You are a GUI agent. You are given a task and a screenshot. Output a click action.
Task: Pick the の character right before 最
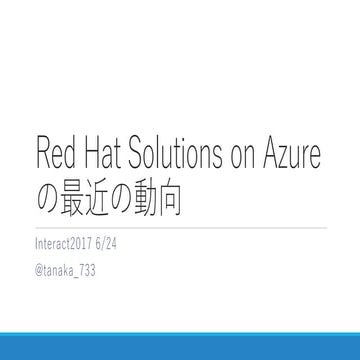click(x=50, y=193)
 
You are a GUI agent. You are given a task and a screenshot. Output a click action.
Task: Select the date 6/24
click(x=114, y=243)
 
